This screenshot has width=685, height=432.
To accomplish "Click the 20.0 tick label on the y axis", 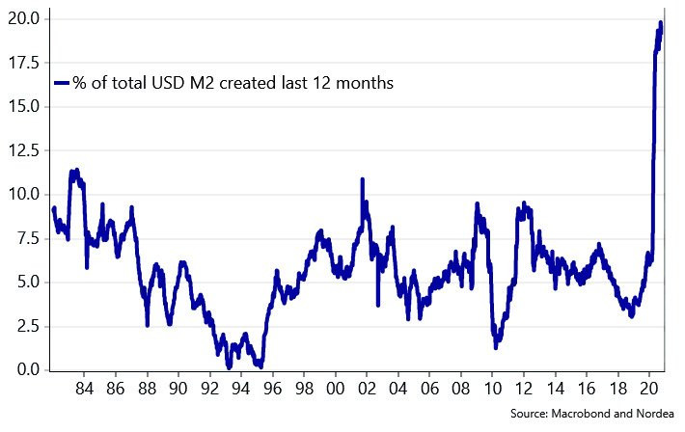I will tap(23, 18).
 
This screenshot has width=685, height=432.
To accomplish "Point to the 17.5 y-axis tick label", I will tap(23, 63).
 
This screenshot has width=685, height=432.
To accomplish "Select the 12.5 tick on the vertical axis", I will tap(23, 150).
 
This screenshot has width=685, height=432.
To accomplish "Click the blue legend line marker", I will tap(62, 84).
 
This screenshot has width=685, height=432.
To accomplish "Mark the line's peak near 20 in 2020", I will tap(661, 22).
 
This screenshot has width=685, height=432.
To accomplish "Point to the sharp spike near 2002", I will tap(362, 179).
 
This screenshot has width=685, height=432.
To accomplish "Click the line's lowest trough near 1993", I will tap(229, 366).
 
